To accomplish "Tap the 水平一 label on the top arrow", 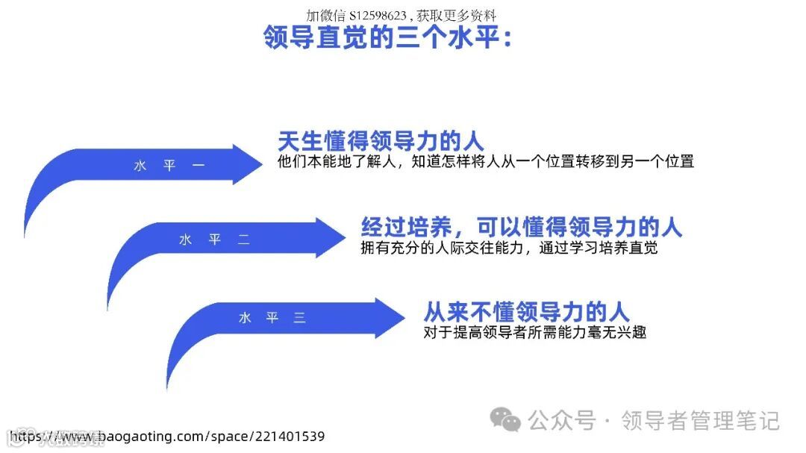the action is pyautogui.click(x=169, y=166).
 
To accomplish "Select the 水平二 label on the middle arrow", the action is pyautogui.click(x=214, y=240).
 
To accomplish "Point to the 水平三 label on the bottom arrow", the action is pyautogui.click(x=272, y=318).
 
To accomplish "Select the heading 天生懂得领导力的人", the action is pyautogui.click(x=381, y=141).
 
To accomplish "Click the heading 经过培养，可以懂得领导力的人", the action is pyautogui.click(x=522, y=227).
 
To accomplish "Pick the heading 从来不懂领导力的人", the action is pyautogui.click(x=526, y=310).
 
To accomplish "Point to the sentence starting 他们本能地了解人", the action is pyautogui.click(x=485, y=161).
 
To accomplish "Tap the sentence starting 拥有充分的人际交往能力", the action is pyautogui.click(x=509, y=248).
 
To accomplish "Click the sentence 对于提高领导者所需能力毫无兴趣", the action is pyautogui.click(x=534, y=331).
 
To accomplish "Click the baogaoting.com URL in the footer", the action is pyautogui.click(x=169, y=437).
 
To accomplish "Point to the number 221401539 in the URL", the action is pyautogui.click(x=287, y=437).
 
